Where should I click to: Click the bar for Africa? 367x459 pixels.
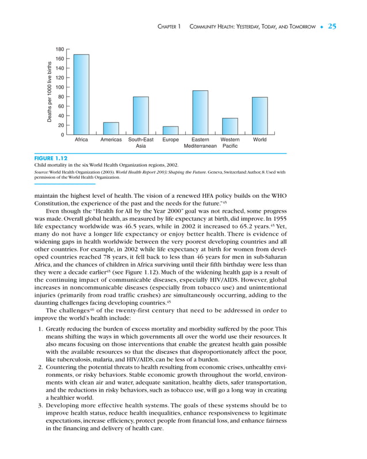coord(81,95)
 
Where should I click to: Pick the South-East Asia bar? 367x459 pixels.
coord(141,116)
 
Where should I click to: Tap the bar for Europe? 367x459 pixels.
coord(170,131)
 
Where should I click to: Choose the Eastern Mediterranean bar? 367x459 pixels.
coord(200,113)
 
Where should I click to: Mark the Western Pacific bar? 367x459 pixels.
coord(230,127)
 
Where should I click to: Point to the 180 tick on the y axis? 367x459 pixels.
coord(59,49)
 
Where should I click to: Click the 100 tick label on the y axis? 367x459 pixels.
coord(59,87)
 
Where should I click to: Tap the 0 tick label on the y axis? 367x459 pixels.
coord(62,135)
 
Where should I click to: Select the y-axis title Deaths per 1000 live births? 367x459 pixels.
coord(50,92)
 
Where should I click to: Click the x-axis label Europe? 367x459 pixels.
coord(170,140)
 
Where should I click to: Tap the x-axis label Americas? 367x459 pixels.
coord(111,140)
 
